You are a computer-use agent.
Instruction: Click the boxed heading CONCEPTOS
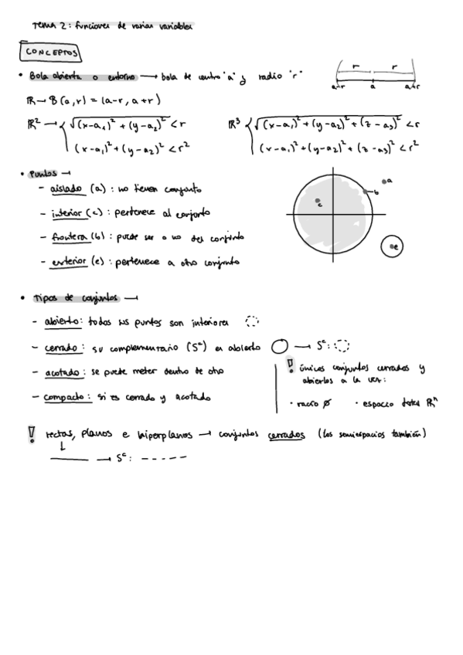pos(52,52)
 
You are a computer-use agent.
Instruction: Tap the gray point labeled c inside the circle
pos(318,202)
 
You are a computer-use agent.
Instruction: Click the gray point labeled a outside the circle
pos(383,182)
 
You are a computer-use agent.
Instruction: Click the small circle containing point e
pos(393,246)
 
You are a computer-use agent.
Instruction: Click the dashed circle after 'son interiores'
pos(251,321)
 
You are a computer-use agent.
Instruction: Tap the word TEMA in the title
pos(42,25)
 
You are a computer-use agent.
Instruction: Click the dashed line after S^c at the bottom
pos(165,459)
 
